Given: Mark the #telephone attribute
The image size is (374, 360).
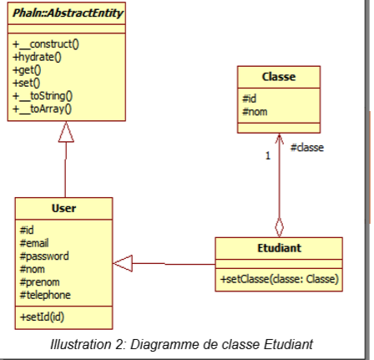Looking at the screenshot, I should [44, 294].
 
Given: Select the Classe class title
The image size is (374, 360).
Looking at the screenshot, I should [279, 77].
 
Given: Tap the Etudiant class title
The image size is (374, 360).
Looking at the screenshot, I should [278, 247].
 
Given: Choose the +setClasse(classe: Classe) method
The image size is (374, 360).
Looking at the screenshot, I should [278, 277].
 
